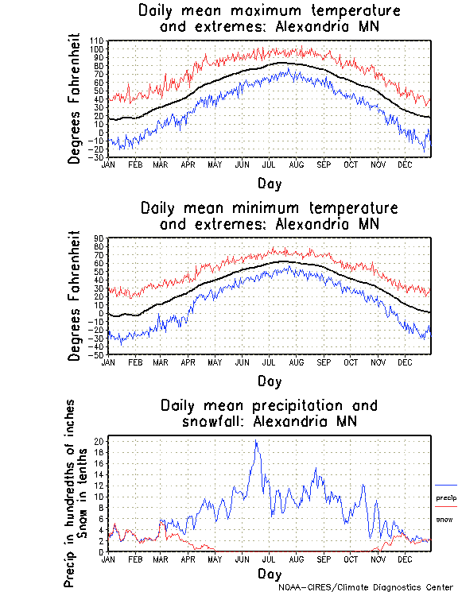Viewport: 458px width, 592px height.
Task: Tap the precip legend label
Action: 446,497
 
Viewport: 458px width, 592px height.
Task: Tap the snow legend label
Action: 444,519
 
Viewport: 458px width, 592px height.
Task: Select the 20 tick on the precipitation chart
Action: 99,441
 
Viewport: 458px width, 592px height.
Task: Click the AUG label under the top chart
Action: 296,164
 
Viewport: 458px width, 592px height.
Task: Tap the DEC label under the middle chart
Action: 405,362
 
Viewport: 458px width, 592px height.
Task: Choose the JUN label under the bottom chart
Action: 242,559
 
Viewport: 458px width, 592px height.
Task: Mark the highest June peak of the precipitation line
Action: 255,441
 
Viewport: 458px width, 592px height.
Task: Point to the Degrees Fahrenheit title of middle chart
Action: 75,296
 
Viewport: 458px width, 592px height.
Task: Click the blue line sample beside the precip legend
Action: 446,485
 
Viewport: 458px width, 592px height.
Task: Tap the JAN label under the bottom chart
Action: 110,559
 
